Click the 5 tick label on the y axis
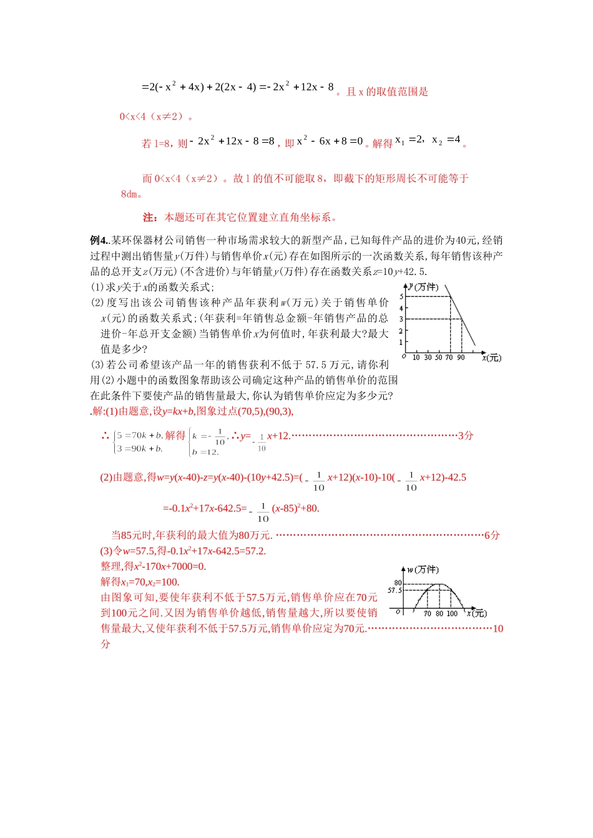[401, 296]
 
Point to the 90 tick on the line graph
[461, 357]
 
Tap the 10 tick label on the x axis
[416, 357]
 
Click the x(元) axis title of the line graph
[491, 358]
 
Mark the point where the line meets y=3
[462, 319]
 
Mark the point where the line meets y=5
[451, 296]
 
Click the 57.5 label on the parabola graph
[395, 590]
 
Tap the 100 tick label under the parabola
[452, 614]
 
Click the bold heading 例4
[99, 240]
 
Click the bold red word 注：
[150, 218]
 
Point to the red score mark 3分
[466, 436]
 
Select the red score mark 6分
[492, 535]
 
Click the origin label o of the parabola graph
[398, 612]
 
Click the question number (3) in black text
[97, 365]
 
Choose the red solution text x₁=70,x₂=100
[140, 582]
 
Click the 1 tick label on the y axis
[401, 342]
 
